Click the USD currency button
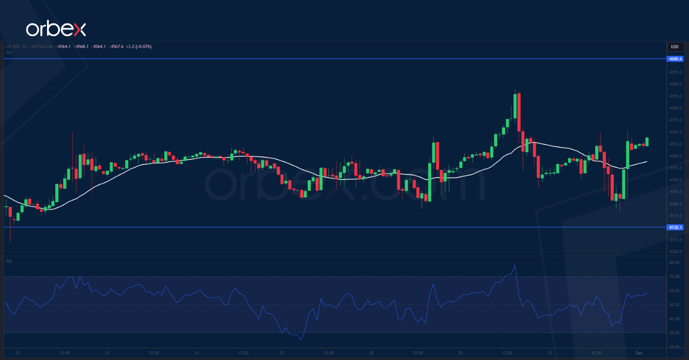[675, 47]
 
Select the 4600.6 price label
[675, 59]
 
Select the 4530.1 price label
[675, 227]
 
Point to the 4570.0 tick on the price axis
[675, 131]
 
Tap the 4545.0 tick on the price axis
[675, 192]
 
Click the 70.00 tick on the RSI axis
[675, 277]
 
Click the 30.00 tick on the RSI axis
[675, 332]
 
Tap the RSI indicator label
[10, 261]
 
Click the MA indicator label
[9, 52]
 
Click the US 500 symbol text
[15, 46]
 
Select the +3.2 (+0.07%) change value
[139, 46]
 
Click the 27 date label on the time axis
[282, 353]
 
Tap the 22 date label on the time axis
[19, 353]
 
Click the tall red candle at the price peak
[518, 112]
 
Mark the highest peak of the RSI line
[515, 265]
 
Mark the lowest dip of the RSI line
[302, 340]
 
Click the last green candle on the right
[648, 141]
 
